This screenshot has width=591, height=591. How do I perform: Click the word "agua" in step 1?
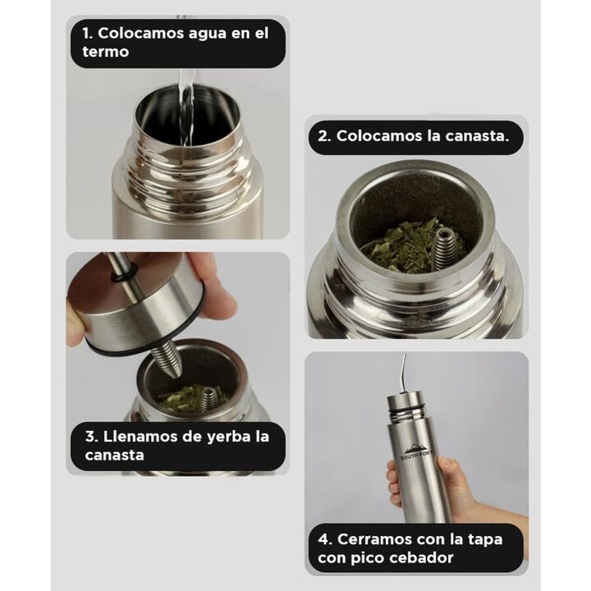[x=210, y=34]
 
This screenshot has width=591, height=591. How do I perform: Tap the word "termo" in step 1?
[x=106, y=52]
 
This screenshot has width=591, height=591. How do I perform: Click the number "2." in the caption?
[x=324, y=136]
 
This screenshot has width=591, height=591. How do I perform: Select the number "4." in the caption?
[x=324, y=539]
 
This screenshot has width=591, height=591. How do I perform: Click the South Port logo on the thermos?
[x=416, y=451]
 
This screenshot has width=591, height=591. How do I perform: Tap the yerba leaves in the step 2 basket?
[x=400, y=245]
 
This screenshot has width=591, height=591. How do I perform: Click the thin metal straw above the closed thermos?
[x=404, y=374]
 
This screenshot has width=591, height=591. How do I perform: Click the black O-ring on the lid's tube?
[x=125, y=275]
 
